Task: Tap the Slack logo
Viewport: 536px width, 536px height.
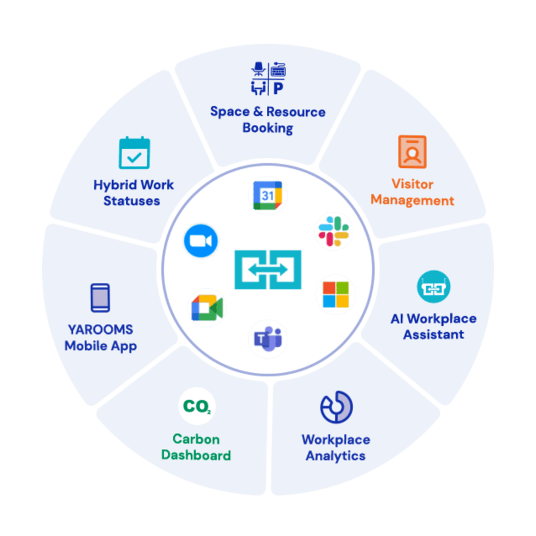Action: (x=334, y=231)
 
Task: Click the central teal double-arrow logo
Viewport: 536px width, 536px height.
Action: (x=268, y=270)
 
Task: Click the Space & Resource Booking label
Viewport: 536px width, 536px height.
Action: (x=268, y=120)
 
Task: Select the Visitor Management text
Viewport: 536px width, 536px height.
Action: (x=412, y=192)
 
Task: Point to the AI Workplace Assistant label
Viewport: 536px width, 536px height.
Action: (x=434, y=326)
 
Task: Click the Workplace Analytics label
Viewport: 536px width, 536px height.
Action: (x=335, y=448)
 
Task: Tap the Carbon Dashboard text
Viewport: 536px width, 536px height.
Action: (x=196, y=447)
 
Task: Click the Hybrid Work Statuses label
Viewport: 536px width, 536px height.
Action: (x=133, y=192)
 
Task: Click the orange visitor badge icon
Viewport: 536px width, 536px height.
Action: (x=412, y=152)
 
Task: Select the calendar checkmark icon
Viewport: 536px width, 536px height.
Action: (x=134, y=154)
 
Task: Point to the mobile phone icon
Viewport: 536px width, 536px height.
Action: (x=100, y=298)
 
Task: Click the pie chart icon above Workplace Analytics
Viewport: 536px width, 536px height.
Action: (x=336, y=408)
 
